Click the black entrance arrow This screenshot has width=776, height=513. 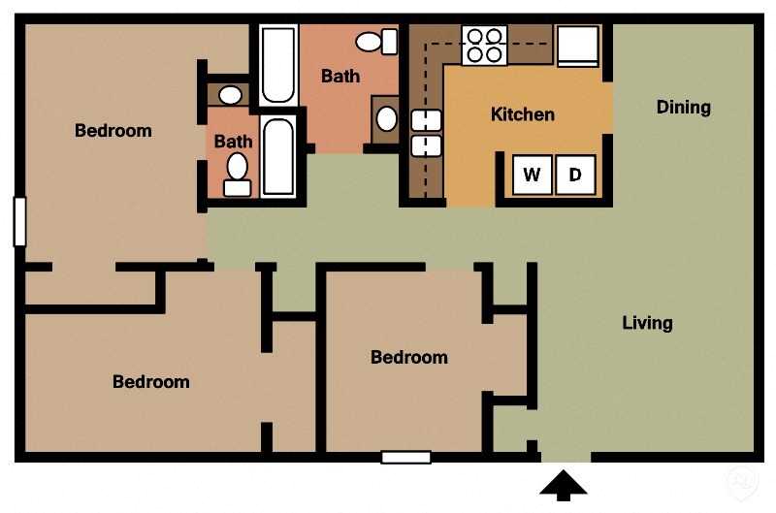pyautogui.click(x=564, y=485)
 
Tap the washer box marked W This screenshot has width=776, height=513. pyautogui.click(x=532, y=175)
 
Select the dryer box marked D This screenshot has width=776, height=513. pyautogui.click(x=575, y=175)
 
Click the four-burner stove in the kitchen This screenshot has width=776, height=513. pyautogui.click(x=484, y=45)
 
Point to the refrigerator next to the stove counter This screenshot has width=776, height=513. pyautogui.click(x=578, y=45)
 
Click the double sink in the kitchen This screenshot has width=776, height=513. pyautogui.click(x=426, y=133)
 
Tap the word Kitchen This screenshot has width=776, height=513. pyautogui.click(x=523, y=114)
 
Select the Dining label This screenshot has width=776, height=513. pyautogui.click(x=684, y=107)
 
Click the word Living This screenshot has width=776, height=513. pyautogui.click(x=647, y=323)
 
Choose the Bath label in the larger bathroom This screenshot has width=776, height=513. pyautogui.click(x=340, y=76)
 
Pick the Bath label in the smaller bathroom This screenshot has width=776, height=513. pyautogui.click(x=233, y=142)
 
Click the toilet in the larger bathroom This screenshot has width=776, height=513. pyautogui.click(x=376, y=42)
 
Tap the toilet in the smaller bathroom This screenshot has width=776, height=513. pyautogui.click(x=237, y=173)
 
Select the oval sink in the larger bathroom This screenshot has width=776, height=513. pyautogui.click(x=386, y=119)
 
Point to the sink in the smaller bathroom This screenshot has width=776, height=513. pyautogui.click(x=230, y=95)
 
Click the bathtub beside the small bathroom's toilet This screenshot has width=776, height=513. pyautogui.click(x=278, y=156)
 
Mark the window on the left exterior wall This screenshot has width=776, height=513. pyautogui.click(x=18, y=221)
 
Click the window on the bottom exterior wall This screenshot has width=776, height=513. pyautogui.click(x=405, y=457)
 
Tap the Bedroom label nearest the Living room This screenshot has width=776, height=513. pyautogui.click(x=409, y=357)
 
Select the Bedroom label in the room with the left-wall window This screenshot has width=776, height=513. pyautogui.click(x=113, y=130)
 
